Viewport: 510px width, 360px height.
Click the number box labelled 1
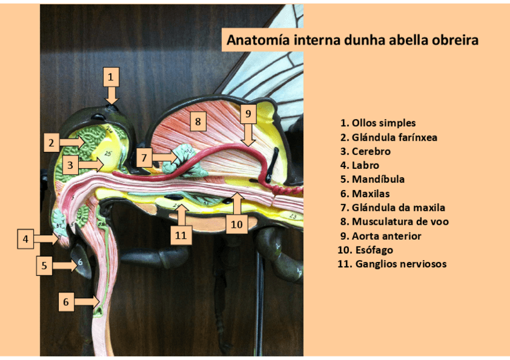tap(111, 76)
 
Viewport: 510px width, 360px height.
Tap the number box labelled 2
tap(52, 142)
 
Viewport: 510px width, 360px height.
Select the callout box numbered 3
tap(70, 164)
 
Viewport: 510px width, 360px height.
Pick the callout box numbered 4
tap(25, 239)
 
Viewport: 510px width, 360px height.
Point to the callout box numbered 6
tap(66, 302)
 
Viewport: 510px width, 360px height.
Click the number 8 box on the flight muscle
tap(198, 122)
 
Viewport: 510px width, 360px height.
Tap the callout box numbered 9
tap(248, 113)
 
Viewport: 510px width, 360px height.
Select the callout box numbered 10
tap(237, 224)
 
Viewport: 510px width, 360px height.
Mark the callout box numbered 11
tap(180, 236)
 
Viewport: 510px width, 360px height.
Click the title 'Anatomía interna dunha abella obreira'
tap(352, 40)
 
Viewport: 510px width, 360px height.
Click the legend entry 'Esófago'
tap(368, 250)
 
